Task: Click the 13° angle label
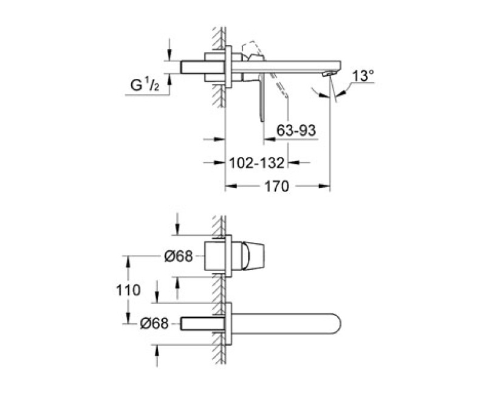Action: (x=363, y=76)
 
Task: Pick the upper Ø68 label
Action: (x=179, y=256)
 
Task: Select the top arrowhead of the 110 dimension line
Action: (x=127, y=258)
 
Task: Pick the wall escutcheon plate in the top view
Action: (x=228, y=67)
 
